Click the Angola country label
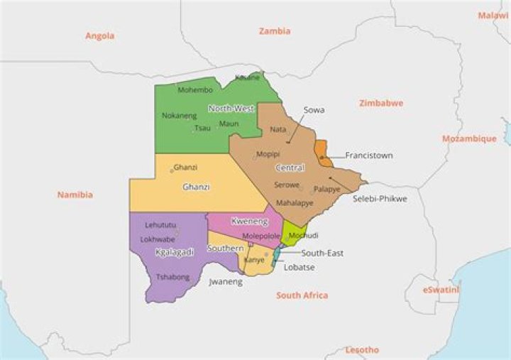click(99, 36)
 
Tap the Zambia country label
click(275, 31)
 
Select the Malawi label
click(493, 15)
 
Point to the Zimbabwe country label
click(381, 103)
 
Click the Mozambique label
click(469, 138)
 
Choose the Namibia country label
click(75, 195)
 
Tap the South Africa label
click(302, 295)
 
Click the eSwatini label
click(441, 290)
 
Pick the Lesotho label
click(362, 350)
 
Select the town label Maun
click(229, 124)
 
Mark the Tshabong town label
click(172, 277)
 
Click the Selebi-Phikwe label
click(380, 199)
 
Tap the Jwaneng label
click(226, 282)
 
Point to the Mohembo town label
click(195, 90)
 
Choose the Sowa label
click(314, 110)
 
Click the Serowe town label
click(287, 185)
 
